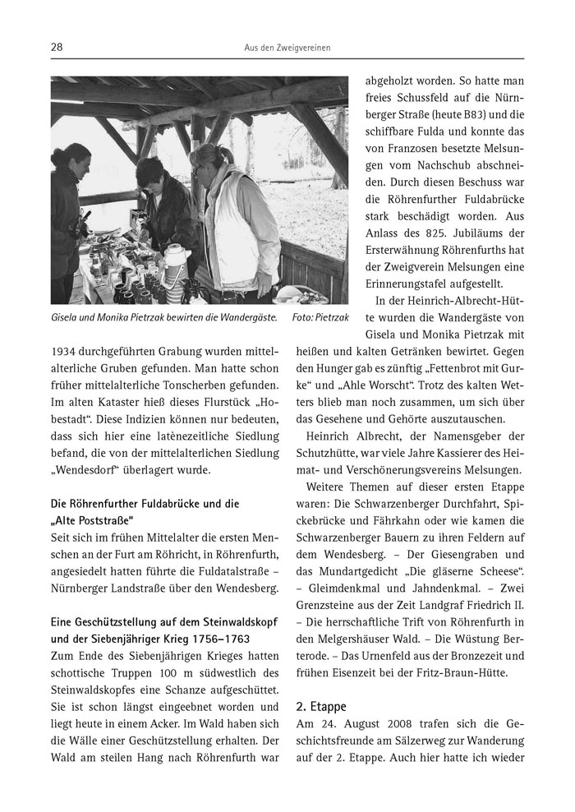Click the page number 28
pyautogui.click(x=57, y=48)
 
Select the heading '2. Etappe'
pyautogui.click(x=321, y=706)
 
